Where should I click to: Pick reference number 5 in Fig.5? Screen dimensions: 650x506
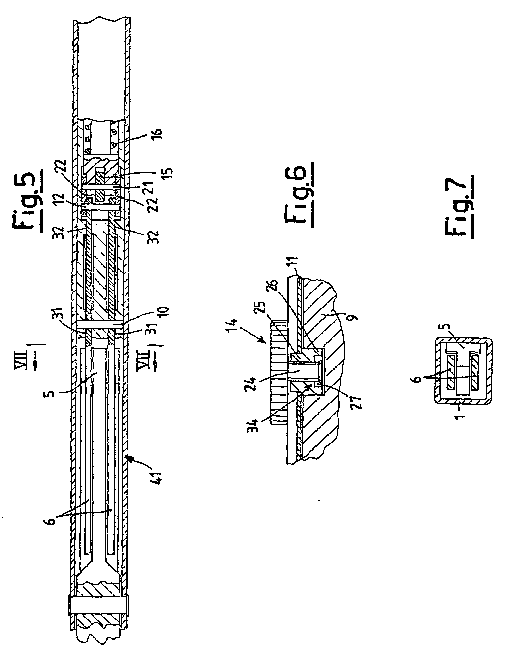point(50,393)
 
